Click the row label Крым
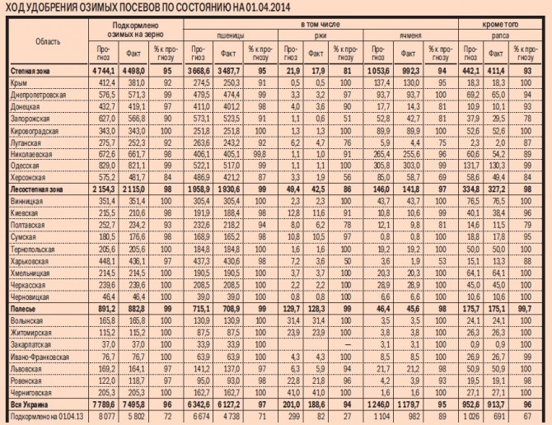click(x=20, y=83)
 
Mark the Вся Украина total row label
click(x=30, y=404)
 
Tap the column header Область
click(x=47, y=41)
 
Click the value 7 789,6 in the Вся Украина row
click(x=102, y=404)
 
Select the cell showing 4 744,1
click(x=102, y=71)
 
